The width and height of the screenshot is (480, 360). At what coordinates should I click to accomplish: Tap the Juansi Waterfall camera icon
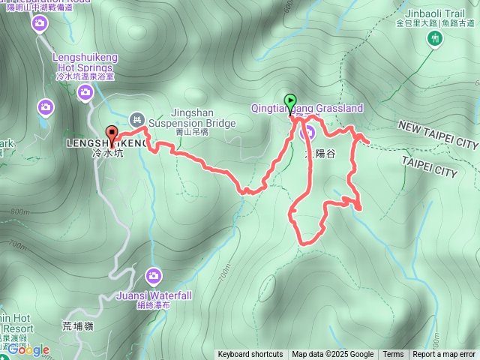pyautogui.click(x=154, y=277)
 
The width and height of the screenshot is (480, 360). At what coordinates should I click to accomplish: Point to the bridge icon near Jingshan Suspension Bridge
pyautogui.click(x=136, y=118)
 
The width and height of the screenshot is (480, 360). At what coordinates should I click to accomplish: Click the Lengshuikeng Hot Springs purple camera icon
pyautogui.click(x=85, y=91)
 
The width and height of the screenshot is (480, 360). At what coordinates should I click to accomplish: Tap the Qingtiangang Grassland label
pyautogui.click(x=307, y=109)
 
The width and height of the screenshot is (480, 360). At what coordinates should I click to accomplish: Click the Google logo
pyautogui.click(x=28, y=349)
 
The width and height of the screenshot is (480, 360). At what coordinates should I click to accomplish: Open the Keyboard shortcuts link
pyautogui.click(x=250, y=355)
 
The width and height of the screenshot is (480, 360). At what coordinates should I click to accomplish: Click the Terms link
pyautogui.click(x=393, y=355)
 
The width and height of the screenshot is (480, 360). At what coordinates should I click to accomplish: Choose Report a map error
pyautogui.click(x=444, y=355)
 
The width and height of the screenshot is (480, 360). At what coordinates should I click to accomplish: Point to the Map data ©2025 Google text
pyautogui.click(x=332, y=355)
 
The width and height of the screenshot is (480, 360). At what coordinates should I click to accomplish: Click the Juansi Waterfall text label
pyautogui.click(x=154, y=295)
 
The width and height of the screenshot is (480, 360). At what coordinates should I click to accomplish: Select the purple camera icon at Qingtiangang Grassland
pyautogui.click(x=307, y=133)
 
